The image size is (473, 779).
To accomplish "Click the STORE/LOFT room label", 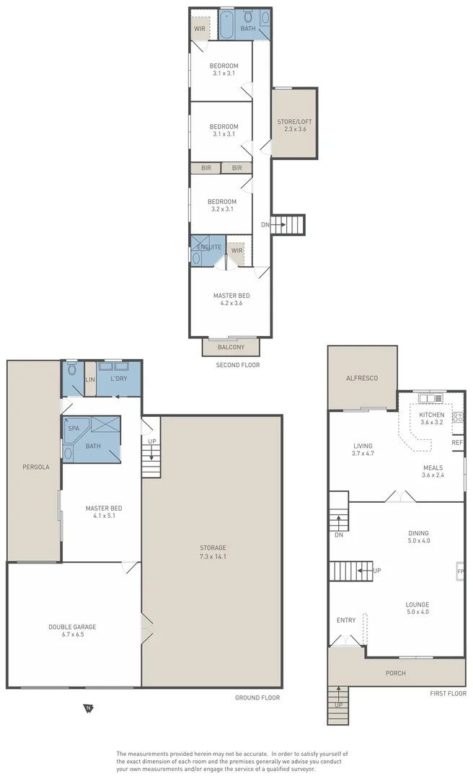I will pos(294,122).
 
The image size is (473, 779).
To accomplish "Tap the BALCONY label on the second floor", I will pos(231,348).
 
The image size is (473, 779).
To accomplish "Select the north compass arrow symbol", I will pos(88,708).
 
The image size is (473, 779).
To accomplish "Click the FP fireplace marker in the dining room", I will pos(459,572).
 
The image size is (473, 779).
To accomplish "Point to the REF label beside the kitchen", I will pos(456,443).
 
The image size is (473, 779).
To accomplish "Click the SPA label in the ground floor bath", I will pos(74,428).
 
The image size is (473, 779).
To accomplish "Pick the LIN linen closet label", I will pos(90,379).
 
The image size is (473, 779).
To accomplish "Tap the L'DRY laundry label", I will pos(118,379).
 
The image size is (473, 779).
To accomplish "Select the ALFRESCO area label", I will pos(362,378).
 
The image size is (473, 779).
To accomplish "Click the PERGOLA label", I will pos(33,467).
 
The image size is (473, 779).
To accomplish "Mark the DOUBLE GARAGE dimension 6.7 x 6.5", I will pos(72,636).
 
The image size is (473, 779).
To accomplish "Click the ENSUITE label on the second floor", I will pos(208,247).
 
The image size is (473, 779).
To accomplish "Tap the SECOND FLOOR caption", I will pos(238,365).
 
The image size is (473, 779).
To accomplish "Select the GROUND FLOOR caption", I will pos(257,697).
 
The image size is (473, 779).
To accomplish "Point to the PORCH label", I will pos(396,673).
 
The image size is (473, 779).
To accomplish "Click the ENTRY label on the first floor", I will pos(346,620).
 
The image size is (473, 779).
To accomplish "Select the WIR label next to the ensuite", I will pos(236,251).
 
